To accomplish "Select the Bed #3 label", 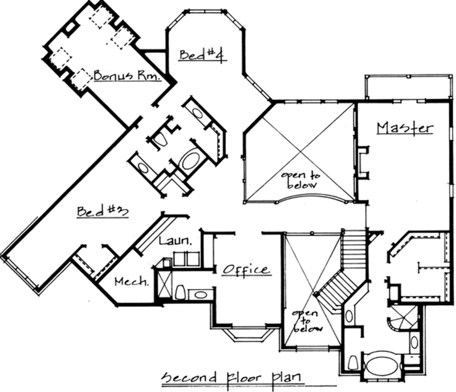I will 102,211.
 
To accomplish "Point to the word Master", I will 405,127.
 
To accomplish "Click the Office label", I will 246,269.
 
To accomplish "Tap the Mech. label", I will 132,281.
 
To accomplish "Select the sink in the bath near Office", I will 200,295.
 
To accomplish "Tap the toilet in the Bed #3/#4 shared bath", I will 159,139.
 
